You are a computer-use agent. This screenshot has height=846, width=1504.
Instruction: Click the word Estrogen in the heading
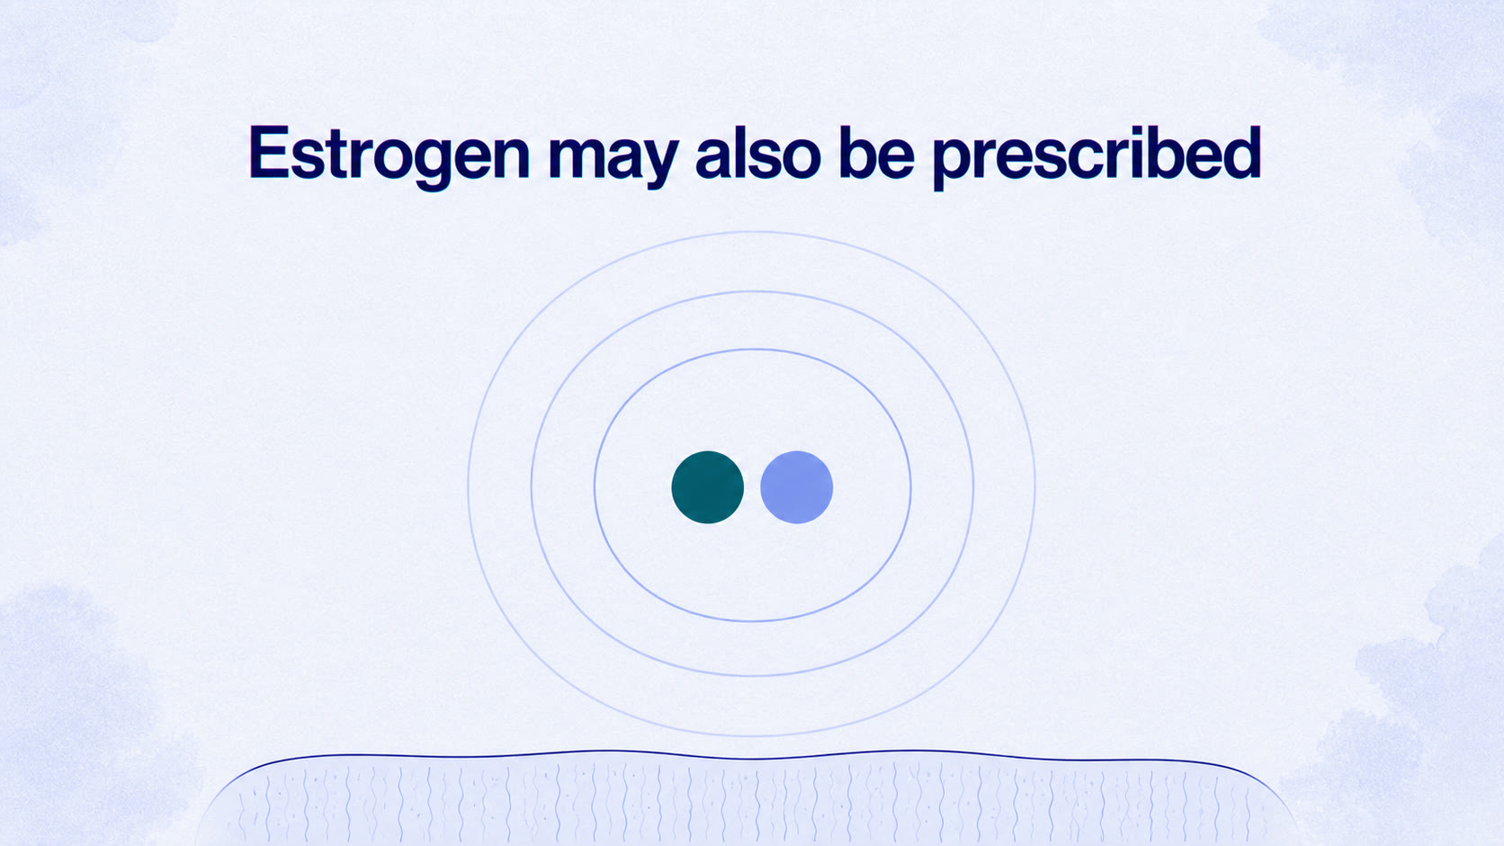point(389,156)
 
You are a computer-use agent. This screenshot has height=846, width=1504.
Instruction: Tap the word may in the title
point(613,161)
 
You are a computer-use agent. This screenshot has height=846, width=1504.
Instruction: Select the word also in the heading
point(758,154)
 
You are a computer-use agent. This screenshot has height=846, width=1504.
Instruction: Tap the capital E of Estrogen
point(269,153)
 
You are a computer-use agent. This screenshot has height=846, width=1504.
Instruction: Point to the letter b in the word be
point(859,154)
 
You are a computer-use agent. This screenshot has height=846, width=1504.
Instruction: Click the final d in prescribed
point(1240,154)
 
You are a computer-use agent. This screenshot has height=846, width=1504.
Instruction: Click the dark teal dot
point(708,487)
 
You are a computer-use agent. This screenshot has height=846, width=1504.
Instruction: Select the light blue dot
point(796,487)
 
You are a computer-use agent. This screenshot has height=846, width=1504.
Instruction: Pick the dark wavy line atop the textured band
point(752,757)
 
